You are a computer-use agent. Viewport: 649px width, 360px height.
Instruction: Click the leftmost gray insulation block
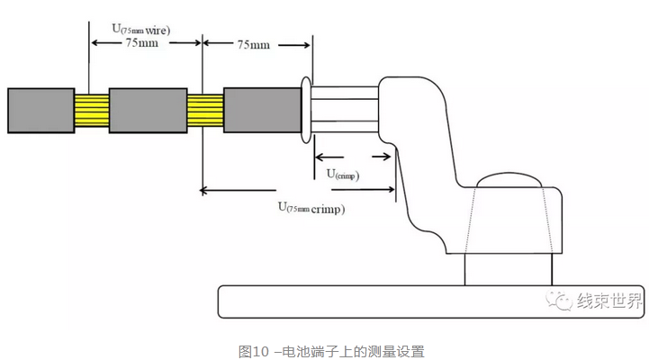coord(41,111)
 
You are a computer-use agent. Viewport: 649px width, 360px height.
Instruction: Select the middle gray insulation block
coord(148,111)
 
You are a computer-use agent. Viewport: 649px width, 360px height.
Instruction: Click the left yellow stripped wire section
coord(91,111)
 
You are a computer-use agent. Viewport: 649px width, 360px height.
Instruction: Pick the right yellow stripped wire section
coord(204,111)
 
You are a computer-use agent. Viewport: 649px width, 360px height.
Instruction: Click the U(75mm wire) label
coord(141,29)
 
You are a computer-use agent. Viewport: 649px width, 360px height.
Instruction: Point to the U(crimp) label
coord(342,174)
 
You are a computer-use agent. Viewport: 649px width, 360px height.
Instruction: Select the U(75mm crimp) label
coord(311,208)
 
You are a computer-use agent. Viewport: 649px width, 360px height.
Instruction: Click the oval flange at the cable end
coord(307,111)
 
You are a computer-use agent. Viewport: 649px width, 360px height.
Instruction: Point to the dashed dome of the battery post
coord(509,184)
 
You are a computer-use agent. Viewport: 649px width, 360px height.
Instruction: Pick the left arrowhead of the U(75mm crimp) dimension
coord(206,190)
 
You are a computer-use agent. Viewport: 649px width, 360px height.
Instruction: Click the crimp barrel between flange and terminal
coord(346,111)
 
